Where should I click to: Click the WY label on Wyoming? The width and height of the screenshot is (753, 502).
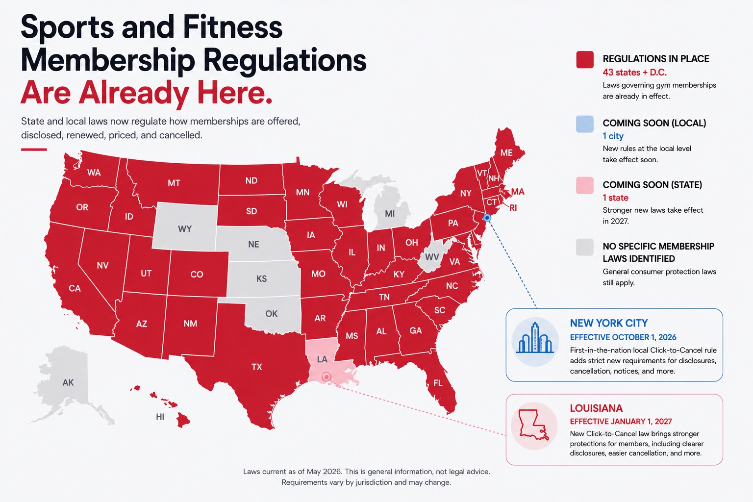[x=185, y=229]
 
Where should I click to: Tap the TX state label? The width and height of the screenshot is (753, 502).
[x=257, y=367]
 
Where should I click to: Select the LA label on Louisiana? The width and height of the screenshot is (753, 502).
[x=322, y=359]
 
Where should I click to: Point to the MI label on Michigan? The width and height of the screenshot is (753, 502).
[x=390, y=214]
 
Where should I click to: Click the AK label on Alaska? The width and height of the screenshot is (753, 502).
[x=68, y=382]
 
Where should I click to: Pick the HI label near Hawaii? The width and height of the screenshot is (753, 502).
[x=160, y=417]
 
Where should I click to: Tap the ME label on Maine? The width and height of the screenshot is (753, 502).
[x=506, y=152]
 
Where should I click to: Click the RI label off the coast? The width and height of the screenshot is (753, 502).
[x=513, y=208]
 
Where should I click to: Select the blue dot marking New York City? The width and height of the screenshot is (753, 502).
[x=487, y=218]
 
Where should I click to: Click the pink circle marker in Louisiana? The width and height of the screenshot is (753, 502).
[x=326, y=377]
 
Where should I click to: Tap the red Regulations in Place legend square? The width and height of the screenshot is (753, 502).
[x=584, y=59]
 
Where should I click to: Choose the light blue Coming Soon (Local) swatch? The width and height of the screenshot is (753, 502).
[x=584, y=124]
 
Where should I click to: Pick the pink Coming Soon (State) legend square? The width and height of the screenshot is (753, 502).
[x=584, y=185]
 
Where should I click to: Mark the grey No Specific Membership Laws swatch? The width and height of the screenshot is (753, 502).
[x=584, y=247]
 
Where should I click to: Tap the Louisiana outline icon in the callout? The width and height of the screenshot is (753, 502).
[x=533, y=425]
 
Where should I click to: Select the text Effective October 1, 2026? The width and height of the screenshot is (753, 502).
[x=623, y=337]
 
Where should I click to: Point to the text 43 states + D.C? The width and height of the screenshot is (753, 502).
[x=635, y=72]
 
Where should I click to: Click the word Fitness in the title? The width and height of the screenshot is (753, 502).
[x=233, y=27]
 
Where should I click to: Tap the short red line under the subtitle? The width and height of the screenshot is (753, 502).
[x=34, y=150]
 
